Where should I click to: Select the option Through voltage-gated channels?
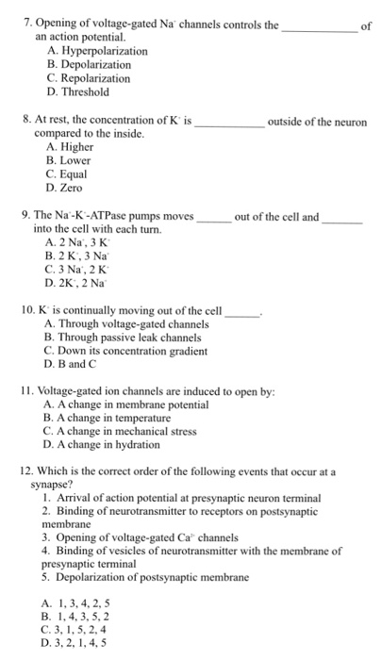click(132, 323)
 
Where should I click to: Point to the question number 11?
click(26, 389)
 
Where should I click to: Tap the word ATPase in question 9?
click(107, 216)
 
